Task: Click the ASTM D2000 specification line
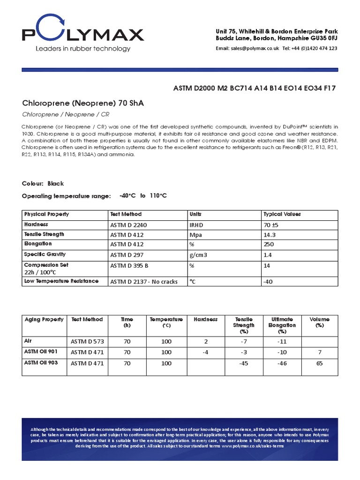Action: point(255,88)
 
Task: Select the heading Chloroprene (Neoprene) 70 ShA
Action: point(83,103)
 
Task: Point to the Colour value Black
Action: point(55,183)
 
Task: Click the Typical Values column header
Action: point(282,214)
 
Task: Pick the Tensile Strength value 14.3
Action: point(270,235)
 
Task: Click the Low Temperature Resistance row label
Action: point(61,281)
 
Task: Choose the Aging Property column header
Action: point(44,320)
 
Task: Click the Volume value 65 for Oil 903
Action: point(319,363)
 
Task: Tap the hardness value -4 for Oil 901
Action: point(205,352)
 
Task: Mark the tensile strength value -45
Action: point(243,363)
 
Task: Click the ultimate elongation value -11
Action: point(281,342)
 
